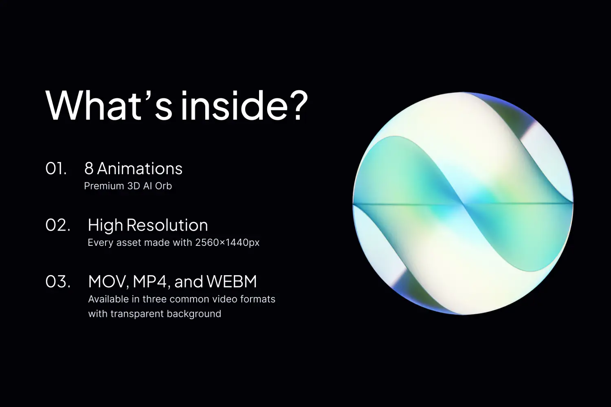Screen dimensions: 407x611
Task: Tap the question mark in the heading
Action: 296,105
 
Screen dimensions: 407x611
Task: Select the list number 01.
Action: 56,169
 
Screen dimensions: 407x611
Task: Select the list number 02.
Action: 57,225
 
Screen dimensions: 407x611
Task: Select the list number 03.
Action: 57,282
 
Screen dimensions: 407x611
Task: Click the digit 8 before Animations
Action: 89,169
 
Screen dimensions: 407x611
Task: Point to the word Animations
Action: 140,169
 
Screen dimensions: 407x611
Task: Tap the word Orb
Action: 163,186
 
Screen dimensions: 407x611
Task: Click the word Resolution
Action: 167,225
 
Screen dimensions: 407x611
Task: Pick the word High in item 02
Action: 105,225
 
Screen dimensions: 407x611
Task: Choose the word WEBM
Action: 231,282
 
